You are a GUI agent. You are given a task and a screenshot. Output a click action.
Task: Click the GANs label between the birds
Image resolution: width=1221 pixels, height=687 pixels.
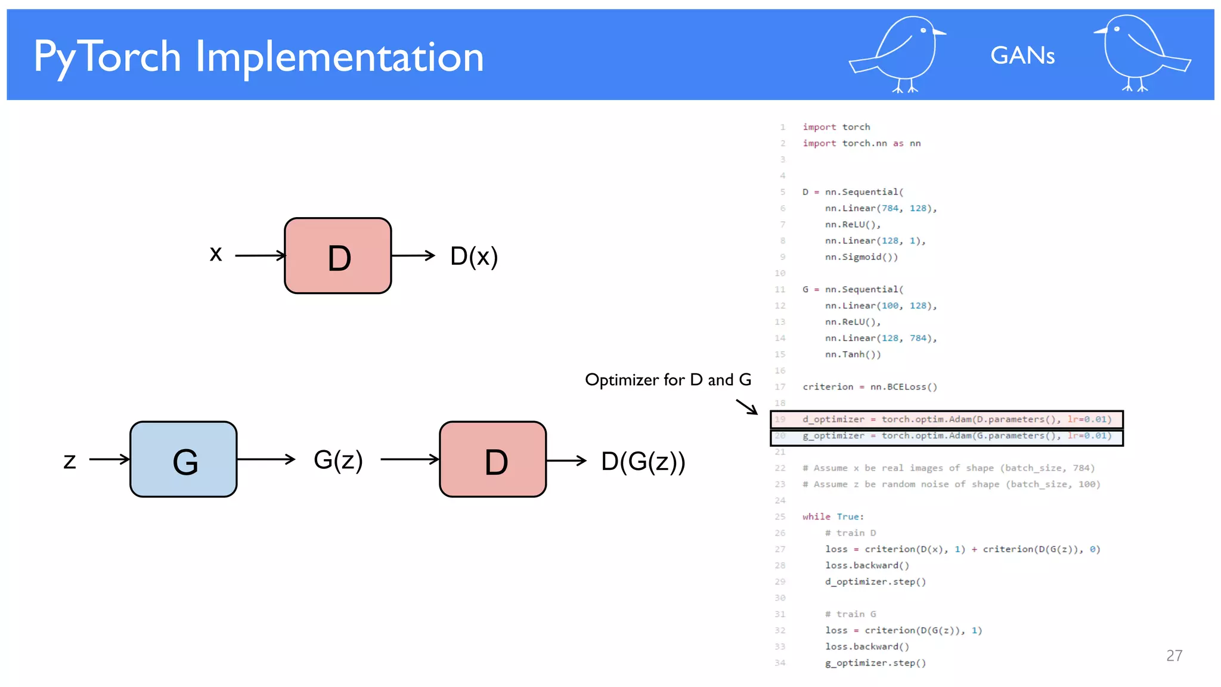[x=1022, y=56]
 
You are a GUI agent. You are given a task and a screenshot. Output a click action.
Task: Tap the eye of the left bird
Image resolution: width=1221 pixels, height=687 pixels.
[x=924, y=30]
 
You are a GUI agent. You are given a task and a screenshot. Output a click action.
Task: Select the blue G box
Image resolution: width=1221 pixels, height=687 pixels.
[x=184, y=459]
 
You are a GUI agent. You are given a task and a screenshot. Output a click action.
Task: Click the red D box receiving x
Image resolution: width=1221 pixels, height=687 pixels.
[x=338, y=256]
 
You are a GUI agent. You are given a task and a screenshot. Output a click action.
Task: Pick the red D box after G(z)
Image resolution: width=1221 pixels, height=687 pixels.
[x=493, y=459]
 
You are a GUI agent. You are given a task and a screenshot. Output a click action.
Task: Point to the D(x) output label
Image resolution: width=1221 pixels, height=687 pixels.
[x=474, y=256]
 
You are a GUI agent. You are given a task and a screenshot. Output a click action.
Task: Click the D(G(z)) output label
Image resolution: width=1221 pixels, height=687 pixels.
[x=643, y=461]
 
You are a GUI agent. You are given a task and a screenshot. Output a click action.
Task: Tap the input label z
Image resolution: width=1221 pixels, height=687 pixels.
[x=70, y=460]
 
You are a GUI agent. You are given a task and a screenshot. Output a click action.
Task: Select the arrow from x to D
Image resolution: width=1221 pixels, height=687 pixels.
[x=260, y=256]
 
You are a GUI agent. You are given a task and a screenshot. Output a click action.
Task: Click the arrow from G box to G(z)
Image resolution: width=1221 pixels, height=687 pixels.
[x=266, y=459]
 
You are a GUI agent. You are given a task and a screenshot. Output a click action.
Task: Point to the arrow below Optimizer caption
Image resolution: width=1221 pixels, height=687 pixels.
[x=747, y=407]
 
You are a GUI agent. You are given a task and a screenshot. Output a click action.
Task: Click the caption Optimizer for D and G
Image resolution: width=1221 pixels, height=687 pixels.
[x=668, y=380]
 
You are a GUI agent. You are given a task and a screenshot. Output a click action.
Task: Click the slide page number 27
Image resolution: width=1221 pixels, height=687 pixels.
[x=1174, y=656]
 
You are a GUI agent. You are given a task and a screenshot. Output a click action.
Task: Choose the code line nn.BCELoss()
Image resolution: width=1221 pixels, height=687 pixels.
[x=870, y=387]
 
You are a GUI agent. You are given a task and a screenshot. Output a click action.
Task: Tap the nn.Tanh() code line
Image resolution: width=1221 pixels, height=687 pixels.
[x=853, y=355]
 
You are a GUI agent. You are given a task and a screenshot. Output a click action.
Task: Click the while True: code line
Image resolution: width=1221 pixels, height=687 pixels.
[x=833, y=517]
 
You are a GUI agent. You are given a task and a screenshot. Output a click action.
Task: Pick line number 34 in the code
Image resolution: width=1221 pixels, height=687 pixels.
[x=780, y=663]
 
